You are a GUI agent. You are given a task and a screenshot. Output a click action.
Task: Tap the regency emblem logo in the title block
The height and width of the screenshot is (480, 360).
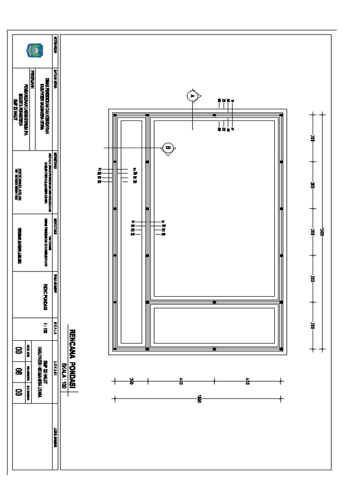(35, 50)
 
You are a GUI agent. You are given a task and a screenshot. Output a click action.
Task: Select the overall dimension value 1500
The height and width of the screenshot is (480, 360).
(323, 232)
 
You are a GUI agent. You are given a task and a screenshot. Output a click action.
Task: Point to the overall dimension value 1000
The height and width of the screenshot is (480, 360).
(199, 399)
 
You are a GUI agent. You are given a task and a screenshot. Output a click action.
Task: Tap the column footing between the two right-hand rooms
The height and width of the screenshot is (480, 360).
(214, 302)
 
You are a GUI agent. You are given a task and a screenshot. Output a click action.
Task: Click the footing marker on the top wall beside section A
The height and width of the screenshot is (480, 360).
(214, 114)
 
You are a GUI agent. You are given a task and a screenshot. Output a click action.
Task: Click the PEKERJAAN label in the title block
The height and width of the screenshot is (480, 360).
(32, 77)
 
